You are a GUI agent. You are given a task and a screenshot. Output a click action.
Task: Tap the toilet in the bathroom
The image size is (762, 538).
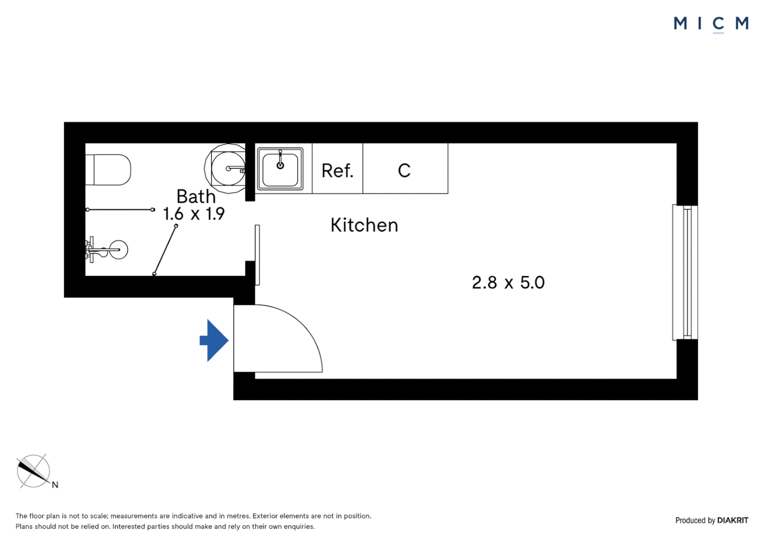(109, 170)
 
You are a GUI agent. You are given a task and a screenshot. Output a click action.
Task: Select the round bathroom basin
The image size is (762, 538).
(227, 168)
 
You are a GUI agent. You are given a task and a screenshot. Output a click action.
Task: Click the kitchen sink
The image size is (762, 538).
(280, 169)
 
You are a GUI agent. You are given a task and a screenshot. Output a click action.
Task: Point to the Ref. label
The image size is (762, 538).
(337, 171)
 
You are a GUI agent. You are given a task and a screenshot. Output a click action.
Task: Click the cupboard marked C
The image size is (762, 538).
(404, 171)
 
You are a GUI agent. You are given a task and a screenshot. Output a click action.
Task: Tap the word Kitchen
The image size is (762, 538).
(364, 225)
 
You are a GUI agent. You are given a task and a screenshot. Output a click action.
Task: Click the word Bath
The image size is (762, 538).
(196, 196)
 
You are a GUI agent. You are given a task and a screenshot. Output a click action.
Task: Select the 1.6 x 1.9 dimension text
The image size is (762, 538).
(194, 214)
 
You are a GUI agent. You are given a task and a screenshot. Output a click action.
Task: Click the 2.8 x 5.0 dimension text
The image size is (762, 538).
(508, 282)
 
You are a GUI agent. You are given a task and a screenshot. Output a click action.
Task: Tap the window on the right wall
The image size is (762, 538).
(686, 272)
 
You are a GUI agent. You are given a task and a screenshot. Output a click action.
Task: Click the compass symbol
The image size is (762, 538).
(33, 471)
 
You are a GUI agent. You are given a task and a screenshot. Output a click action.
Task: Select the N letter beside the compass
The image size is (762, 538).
(55, 485)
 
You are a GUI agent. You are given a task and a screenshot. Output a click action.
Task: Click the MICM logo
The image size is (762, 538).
(711, 23)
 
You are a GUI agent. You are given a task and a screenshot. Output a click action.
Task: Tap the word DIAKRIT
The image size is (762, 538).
(733, 521)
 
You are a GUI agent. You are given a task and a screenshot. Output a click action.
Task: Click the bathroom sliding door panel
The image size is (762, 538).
(257, 255)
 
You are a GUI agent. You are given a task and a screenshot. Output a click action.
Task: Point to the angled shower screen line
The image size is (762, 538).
(165, 250)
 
